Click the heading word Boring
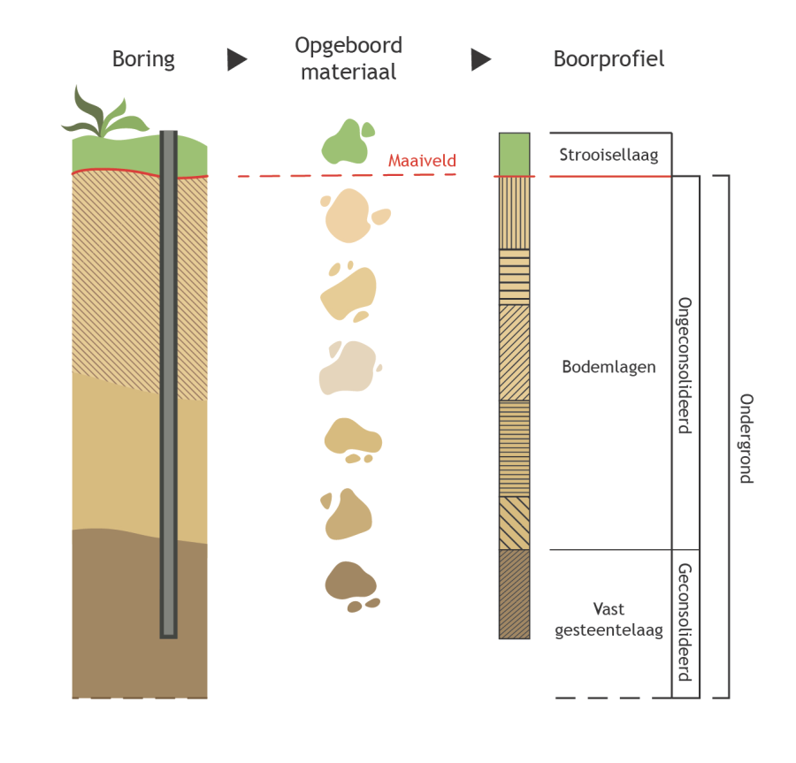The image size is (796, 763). pyautogui.click(x=143, y=59)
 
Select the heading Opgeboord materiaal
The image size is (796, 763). pyautogui.click(x=348, y=58)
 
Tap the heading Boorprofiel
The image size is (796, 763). pyautogui.click(x=608, y=59)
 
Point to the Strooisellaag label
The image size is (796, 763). pyautogui.click(x=609, y=156)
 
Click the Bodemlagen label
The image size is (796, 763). pyautogui.click(x=608, y=367)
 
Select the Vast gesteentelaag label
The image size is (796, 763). pyautogui.click(x=608, y=620)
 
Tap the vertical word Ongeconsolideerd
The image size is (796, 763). pyautogui.click(x=684, y=365)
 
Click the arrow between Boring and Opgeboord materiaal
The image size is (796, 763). pyautogui.click(x=237, y=59)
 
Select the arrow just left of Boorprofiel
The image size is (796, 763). pyautogui.click(x=480, y=59)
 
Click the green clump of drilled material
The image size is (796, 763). pyautogui.click(x=346, y=142)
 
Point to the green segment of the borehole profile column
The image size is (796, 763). pyautogui.click(x=514, y=155)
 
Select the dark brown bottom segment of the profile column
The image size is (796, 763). pyautogui.click(x=514, y=594)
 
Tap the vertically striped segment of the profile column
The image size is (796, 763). pyautogui.click(x=514, y=213)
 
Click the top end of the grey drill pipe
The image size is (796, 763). pyautogui.click(x=168, y=135)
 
